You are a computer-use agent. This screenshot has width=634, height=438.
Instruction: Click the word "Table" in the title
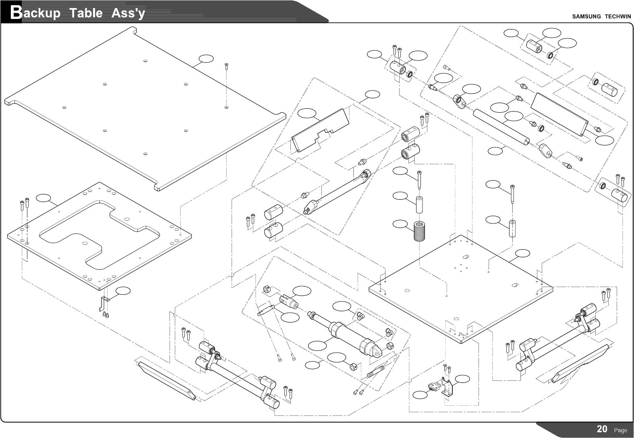86,13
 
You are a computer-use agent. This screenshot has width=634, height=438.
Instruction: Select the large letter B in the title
16,13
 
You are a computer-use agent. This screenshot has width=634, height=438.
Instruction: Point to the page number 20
602,429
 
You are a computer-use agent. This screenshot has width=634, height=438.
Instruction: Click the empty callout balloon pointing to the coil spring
400,224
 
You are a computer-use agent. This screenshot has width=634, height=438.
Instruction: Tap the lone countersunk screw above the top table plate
226,65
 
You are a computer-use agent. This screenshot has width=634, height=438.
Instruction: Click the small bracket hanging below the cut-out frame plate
104,303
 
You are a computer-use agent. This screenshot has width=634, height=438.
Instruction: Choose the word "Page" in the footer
620,430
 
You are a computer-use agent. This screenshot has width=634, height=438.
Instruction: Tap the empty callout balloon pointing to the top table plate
206,59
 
